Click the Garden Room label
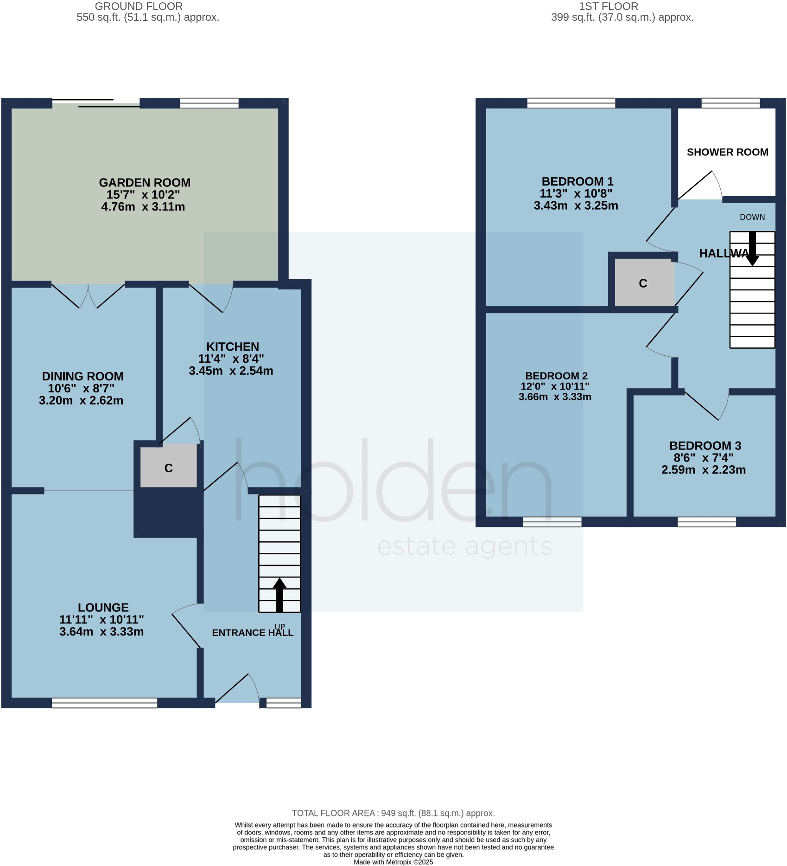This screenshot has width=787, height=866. tap(145, 183)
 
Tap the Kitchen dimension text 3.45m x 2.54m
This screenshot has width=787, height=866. tap(231, 371)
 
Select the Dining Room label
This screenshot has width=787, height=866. tap(83, 376)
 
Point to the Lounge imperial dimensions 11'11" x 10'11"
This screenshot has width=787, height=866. tap(102, 620)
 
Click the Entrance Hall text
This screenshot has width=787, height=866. tap(253, 633)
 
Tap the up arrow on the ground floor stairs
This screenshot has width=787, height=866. tap(279, 594)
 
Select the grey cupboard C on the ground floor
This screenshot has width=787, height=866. tap(169, 468)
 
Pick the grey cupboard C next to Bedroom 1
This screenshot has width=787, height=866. tap(643, 283)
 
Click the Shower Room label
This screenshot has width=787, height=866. tap(727, 152)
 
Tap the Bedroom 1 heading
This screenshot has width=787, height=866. tap(577, 181)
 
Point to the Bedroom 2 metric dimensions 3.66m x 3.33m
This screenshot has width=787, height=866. tap(555, 397)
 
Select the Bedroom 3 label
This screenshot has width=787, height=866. tap(705, 446)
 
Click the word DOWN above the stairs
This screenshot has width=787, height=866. tap(752, 217)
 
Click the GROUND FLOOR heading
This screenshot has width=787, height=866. tap(139, 6)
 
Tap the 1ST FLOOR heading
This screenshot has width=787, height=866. tap(608, 6)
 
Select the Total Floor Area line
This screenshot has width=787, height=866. tap(393, 813)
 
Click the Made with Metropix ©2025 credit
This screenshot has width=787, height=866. tap(393, 862)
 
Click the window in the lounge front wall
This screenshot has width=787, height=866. tap(104, 703)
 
